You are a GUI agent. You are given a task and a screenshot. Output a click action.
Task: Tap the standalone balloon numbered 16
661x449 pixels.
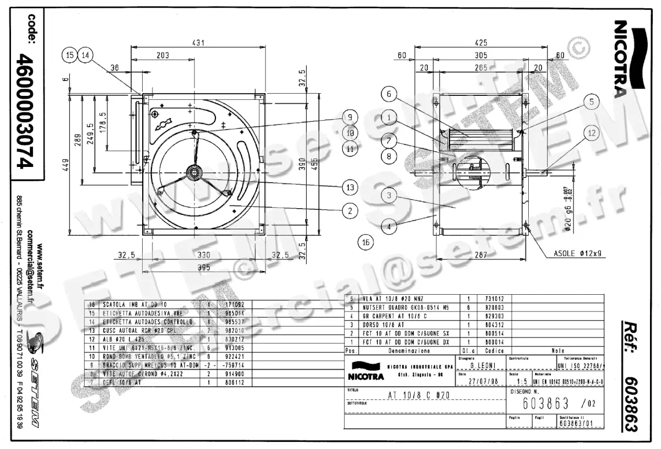365,241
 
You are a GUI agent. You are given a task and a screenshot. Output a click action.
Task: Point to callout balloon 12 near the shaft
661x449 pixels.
591,133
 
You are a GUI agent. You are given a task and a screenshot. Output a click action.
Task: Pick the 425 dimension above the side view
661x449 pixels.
481,42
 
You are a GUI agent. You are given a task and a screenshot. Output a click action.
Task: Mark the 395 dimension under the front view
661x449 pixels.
204,267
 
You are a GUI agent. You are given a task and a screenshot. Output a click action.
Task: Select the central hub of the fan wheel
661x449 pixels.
194,172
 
